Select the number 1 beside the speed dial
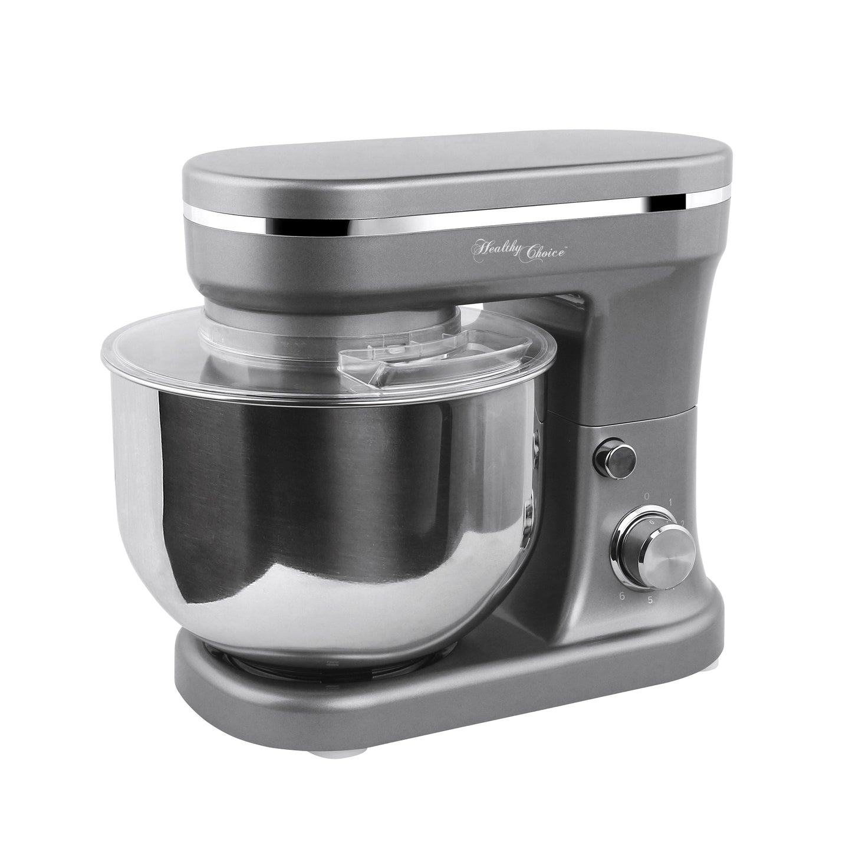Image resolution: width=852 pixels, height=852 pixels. coord(672,503)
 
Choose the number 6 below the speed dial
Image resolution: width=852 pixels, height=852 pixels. coord(622,597)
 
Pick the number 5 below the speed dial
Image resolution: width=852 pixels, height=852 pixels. coord(650,601)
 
